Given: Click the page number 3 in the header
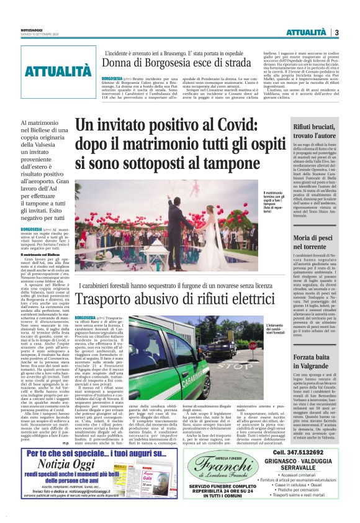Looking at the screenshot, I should pos(336,32).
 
